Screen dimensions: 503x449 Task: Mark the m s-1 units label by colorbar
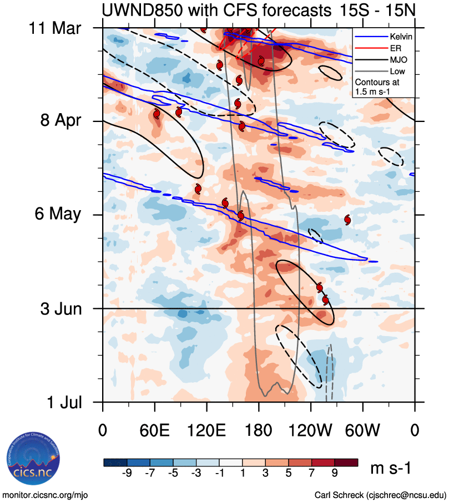pos(391,469)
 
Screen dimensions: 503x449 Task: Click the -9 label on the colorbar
pos(127,472)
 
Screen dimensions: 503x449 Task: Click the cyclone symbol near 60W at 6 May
pos(347,220)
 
